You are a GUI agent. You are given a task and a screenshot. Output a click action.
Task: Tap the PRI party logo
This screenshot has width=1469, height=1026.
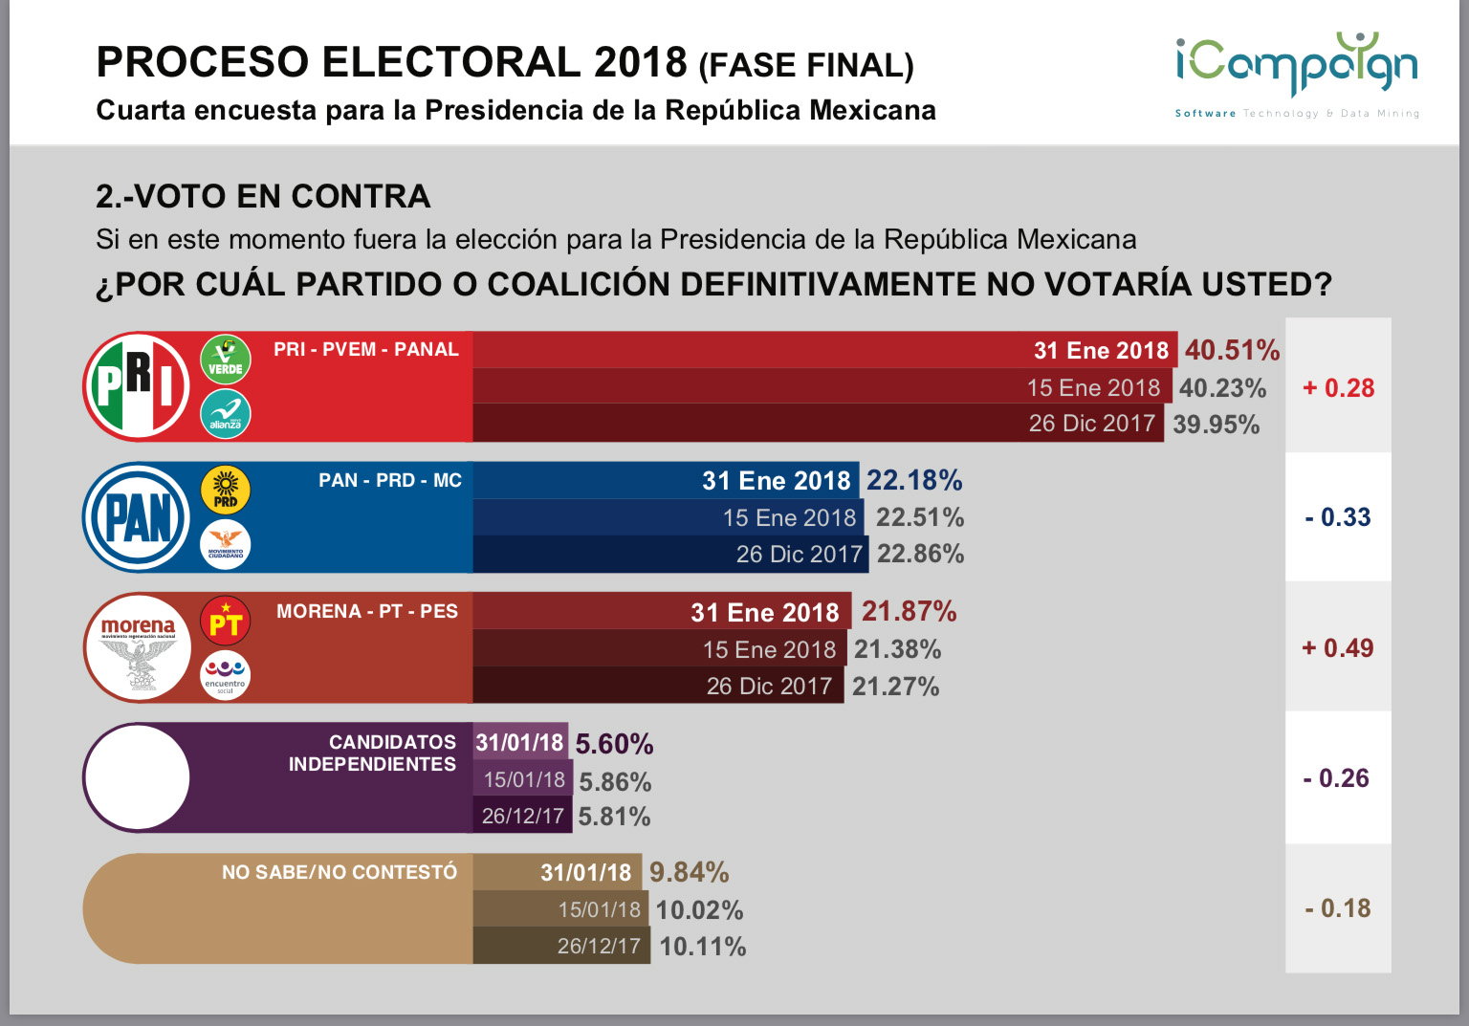[137, 386]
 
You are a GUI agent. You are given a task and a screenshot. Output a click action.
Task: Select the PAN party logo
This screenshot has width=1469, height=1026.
[137, 517]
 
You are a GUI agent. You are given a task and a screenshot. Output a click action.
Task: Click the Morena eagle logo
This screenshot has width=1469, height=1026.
[138, 648]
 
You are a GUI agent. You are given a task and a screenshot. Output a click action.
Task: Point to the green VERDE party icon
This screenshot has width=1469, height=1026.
[226, 359]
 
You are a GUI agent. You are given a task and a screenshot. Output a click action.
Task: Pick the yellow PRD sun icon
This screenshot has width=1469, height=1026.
[226, 491]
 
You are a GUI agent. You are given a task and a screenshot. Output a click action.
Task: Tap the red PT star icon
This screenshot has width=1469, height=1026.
[226, 622]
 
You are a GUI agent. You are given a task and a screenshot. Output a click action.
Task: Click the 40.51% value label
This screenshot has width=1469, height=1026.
[1232, 350]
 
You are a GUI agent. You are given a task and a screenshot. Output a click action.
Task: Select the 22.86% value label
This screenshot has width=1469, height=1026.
[920, 554]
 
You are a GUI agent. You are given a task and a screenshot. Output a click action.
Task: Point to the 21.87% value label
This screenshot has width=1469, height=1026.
[909, 611]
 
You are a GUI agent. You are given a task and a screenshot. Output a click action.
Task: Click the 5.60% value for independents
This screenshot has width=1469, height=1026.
[614, 744]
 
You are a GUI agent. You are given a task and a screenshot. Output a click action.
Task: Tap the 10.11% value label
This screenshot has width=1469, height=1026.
[702, 947]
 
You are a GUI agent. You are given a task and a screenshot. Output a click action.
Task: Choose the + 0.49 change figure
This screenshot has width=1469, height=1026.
[1337, 648]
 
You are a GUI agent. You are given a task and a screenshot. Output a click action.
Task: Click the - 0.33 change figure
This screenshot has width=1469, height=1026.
[1337, 517]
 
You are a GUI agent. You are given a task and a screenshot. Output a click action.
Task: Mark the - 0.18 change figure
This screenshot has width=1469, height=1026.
[1337, 908]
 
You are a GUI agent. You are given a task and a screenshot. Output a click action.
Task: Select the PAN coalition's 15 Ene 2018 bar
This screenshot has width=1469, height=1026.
[669, 517]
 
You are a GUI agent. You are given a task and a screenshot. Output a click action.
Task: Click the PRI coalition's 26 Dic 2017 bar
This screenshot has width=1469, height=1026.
[818, 424]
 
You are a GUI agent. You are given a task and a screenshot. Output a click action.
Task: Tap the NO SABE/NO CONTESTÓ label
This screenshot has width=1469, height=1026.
[340, 872]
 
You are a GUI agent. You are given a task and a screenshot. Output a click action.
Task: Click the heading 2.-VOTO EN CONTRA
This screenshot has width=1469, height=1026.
[263, 196]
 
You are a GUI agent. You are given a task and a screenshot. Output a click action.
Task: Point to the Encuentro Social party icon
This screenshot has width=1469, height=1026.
[226, 675]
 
